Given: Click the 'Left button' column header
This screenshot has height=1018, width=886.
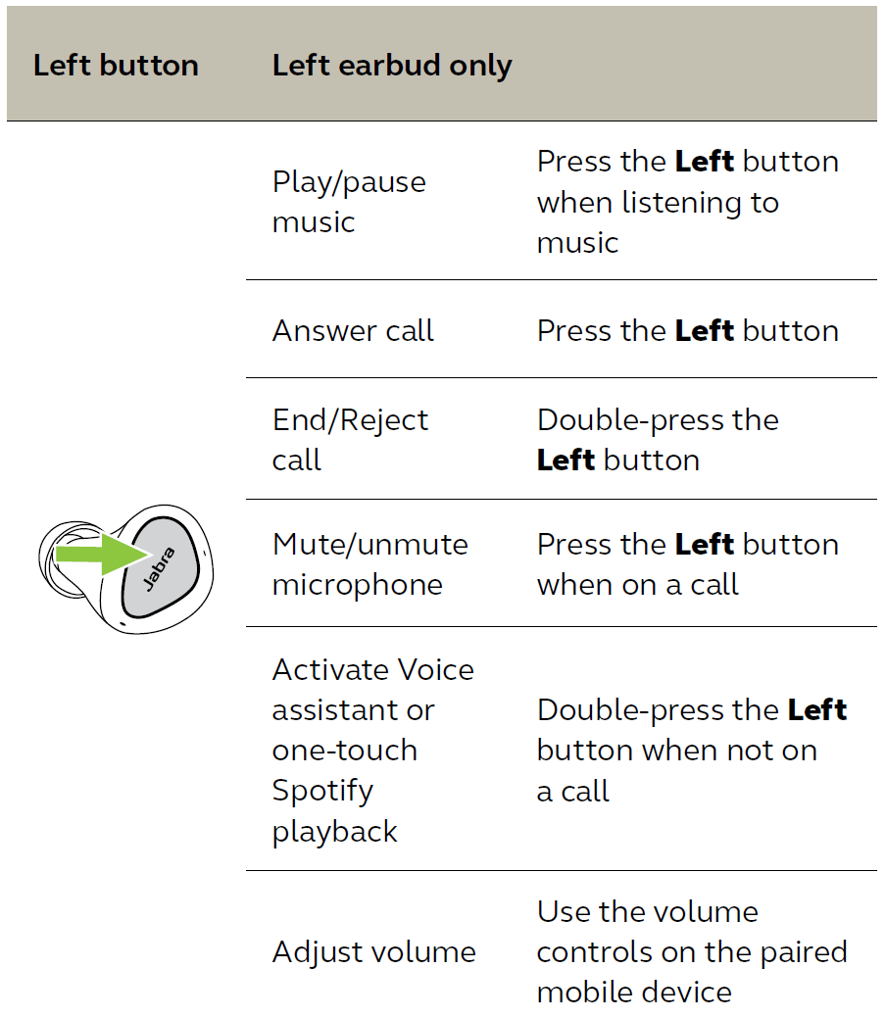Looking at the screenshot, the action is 116,65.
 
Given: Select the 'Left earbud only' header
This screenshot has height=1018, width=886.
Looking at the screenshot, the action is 392,66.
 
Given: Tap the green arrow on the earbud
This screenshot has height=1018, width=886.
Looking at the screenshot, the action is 103,554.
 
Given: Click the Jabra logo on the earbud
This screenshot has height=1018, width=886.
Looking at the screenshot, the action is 159,568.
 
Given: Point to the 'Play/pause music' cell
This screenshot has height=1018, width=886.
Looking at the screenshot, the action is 349,201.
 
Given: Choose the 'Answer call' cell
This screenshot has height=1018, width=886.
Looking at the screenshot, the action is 353,330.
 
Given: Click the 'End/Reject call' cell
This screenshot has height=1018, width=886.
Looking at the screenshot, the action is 350,440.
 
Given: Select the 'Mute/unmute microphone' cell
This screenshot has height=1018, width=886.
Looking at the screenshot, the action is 370,564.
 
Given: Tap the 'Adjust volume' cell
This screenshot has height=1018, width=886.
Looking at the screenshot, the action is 374,951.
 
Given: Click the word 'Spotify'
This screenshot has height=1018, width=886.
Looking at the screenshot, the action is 322,791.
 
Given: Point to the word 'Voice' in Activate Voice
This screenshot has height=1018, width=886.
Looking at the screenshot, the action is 436,669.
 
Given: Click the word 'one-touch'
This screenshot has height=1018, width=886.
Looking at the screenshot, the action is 345,751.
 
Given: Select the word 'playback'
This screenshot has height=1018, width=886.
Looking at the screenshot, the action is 334,832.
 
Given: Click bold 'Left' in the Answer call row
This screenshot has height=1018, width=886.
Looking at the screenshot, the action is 705,330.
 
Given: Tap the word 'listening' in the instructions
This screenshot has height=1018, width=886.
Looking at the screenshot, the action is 682,203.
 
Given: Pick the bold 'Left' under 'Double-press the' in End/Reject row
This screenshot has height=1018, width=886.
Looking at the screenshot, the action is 566,460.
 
